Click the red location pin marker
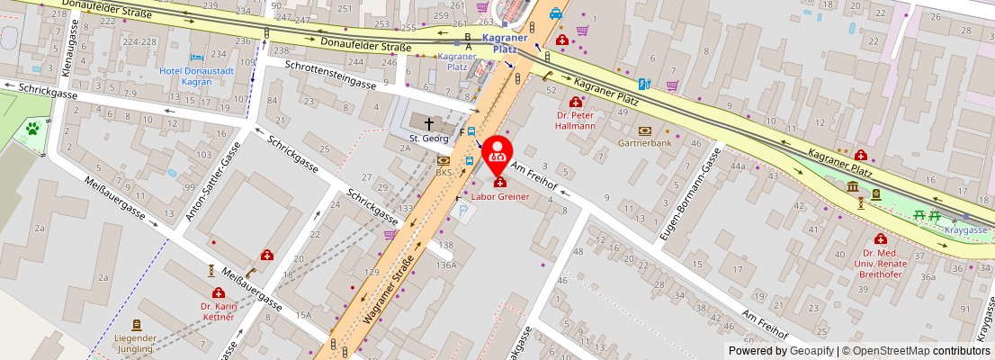[x=497, y=154]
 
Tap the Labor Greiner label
[x=500, y=196]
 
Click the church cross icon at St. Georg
[x=429, y=123]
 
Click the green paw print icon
[x=32, y=129]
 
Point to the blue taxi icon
[x=556, y=13]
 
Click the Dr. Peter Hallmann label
[x=576, y=120]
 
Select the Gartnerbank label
[x=644, y=143]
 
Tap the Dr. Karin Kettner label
[x=219, y=311]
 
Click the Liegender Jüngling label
[x=136, y=343]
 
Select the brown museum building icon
[x=852, y=186]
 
